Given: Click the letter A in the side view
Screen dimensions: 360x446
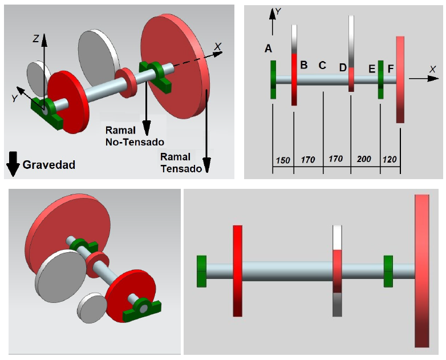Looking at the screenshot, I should pyautogui.click(x=268, y=49).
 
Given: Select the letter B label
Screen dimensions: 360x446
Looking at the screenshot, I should pyautogui.click(x=304, y=65).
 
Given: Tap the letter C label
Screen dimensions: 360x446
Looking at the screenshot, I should pyautogui.click(x=322, y=65).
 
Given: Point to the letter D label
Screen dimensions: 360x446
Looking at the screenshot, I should pyautogui.click(x=343, y=68).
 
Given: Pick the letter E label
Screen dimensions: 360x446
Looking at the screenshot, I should pyautogui.click(x=372, y=69).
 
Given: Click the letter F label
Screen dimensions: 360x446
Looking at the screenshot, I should pyautogui.click(x=391, y=69).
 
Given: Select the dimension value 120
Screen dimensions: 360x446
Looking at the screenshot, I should pyautogui.click(x=391, y=160).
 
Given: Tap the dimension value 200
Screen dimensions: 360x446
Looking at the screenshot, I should pyautogui.click(x=364, y=160).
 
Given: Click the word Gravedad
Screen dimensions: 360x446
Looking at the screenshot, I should pyautogui.click(x=49, y=165).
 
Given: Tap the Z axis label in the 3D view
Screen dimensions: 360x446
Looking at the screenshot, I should pyautogui.click(x=35, y=39).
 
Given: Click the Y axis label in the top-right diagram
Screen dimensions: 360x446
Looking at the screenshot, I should pyautogui.click(x=278, y=11).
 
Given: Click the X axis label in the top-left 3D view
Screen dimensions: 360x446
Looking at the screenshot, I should pyautogui.click(x=217, y=46).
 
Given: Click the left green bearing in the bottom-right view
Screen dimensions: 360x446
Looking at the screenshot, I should pyautogui.click(x=201, y=271).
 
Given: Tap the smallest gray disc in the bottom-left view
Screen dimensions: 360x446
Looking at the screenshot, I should pyautogui.click(x=92, y=307).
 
